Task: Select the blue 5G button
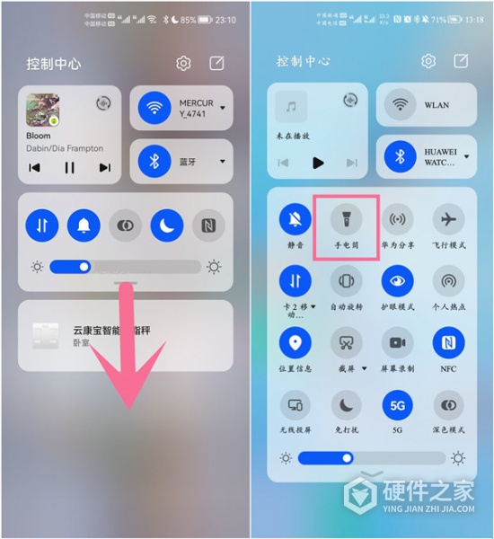click(x=398, y=405)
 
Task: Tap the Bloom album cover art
click(x=42, y=110)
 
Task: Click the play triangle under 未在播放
click(x=317, y=163)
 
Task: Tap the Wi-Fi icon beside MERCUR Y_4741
click(x=154, y=108)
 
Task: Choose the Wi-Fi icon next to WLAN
click(x=401, y=105)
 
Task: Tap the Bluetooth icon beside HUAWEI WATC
click(x=401, y=157)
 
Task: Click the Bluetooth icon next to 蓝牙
click(x=154, y=162)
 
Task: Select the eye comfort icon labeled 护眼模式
click(x=398, y=280)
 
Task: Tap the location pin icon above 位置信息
click(x=296, y=342)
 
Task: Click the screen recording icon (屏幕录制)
click(x=398, y=342)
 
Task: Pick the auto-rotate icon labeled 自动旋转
click(x=347, y=280)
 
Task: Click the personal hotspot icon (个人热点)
click(x=448, y=280)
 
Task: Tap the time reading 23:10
click(x=225, y=19)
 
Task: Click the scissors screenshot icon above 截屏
click(x=347, y=342)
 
